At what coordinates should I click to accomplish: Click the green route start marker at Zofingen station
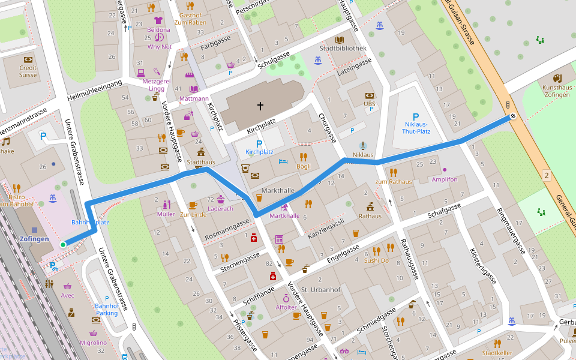click(63, 244)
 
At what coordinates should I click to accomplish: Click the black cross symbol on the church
click(260, 106)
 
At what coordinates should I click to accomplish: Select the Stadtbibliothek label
click(343, 48)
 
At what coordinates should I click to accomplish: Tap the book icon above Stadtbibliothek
click(340, 39)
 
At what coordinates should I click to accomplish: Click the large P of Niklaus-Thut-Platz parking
click(415, 117)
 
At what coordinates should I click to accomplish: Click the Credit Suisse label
click(28, 71)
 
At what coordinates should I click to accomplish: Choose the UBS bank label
click(370, 104)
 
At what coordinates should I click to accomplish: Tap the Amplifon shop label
click(444, 179)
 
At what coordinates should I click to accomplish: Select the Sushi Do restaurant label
click(376, 260)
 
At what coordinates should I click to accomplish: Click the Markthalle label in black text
click(278, 191)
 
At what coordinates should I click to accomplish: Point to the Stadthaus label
click(200, 162)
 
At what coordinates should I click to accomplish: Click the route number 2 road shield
click(546, 175)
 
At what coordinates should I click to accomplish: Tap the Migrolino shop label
click(93, 343)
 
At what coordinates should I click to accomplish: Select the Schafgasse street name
click(444, 210)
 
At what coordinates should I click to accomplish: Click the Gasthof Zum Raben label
click(190, 19)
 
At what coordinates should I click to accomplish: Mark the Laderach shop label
click(220, 209)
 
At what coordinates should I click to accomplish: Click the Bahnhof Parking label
click(107, 309)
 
